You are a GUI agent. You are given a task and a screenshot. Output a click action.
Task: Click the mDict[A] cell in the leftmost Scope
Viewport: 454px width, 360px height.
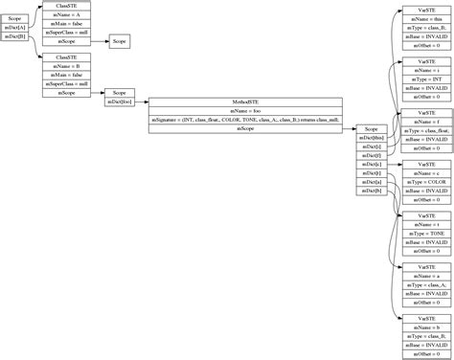pos(16,29)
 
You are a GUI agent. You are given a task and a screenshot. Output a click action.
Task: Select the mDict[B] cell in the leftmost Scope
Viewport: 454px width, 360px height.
pos(16,38)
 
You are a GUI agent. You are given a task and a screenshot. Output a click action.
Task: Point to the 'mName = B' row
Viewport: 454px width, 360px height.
pos(73,65)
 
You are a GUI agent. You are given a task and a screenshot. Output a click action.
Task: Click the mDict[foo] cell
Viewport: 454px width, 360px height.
pos(120,101)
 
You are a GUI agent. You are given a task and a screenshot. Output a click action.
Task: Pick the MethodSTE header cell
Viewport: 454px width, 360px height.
pos(246,101)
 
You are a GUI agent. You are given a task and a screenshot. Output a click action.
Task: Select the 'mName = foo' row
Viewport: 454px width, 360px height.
pos(246,110)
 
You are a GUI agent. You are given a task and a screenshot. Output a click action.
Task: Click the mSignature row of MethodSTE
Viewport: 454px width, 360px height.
pos(246,119)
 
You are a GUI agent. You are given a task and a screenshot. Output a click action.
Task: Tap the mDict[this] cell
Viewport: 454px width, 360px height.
pos(371,137)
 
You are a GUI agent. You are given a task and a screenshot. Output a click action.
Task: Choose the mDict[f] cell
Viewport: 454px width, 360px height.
pos(371,155)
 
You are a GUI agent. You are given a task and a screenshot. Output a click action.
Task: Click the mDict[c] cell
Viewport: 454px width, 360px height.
pos(371,164)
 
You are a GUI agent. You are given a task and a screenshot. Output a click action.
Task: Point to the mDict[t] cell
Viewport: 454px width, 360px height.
pos(371,173)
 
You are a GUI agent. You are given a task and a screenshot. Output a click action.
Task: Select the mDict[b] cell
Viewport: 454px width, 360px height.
pos(371,191)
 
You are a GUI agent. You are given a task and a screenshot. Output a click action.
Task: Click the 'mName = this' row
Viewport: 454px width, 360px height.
pos(421,18)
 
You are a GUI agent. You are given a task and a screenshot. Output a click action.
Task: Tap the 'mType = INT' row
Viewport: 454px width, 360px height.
pos(421,79)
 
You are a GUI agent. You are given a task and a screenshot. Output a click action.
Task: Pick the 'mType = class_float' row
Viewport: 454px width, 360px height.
pos(421,130)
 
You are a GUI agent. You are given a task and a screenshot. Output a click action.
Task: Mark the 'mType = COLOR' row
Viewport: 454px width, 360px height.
pos(421,182)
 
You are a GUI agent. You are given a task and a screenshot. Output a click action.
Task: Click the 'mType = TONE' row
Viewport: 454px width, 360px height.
pos(421,234)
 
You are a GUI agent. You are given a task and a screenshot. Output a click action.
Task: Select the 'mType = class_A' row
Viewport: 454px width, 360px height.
pos(421,285)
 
